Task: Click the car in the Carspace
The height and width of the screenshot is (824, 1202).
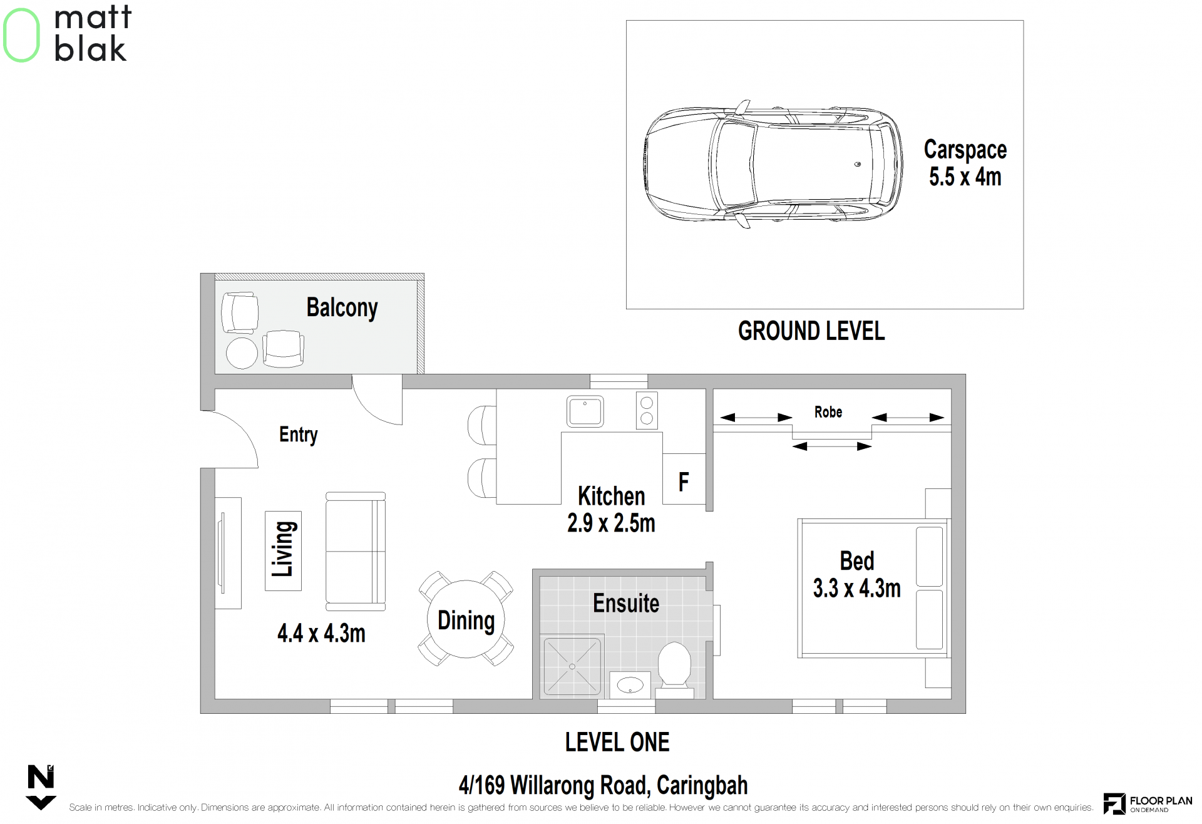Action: coord(773,164)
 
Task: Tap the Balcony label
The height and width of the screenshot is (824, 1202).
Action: coord(342,307)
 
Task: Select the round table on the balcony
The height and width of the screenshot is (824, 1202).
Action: coord(242,353)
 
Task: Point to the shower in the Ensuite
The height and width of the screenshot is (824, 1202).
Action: coord(572,666)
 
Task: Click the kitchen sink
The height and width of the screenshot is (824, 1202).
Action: coord(585,411)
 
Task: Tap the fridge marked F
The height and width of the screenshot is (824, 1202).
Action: coord(684,479)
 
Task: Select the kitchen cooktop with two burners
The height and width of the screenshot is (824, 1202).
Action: coord(647,410)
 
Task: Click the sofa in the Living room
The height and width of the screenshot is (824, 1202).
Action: coord(355,551)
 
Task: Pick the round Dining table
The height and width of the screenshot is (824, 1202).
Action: coord(466,619)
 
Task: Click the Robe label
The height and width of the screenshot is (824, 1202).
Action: coord(828,412)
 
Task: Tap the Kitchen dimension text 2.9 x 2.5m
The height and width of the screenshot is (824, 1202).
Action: coord(611,523)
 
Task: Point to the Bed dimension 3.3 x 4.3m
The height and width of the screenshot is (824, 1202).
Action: coord(856,588)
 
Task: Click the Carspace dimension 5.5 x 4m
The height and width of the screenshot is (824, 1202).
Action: coord(965,177)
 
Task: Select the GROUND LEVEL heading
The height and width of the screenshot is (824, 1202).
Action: coord(811,331)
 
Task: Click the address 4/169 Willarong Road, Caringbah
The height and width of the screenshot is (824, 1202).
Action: coord(603,785)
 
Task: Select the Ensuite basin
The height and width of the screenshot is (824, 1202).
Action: coord(630,684)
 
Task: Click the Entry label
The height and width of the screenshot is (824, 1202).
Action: coord(298,435)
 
